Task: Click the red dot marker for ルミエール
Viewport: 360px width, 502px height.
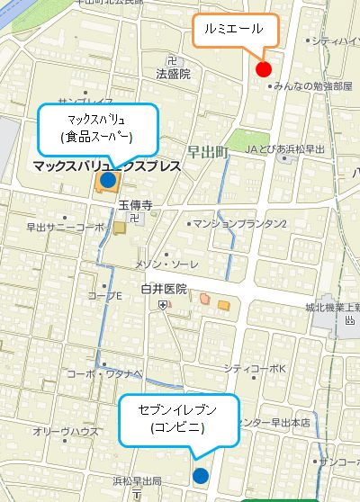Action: click(x=264, y=69)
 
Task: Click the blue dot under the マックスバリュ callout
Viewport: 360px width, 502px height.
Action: click(x=108, y=181)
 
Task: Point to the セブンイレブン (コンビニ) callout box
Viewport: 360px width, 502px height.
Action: click(x=178, y=418)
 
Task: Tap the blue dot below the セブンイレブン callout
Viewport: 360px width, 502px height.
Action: click(x=200, y=475)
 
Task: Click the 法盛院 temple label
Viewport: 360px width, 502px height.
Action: click(x=173, y=75)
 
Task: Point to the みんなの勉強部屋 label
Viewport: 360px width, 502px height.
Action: click(x=311, y=86)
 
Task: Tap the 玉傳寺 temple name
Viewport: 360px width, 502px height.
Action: click(x=136, y=205)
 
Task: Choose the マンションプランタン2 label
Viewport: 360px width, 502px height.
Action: click(x=242, y=223)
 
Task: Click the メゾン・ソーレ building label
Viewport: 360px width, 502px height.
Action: click(x=166, y=264)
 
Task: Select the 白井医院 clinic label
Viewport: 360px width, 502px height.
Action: click(x=163, y=289)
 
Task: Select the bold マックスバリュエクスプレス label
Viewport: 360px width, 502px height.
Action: click(x=106, y=166)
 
